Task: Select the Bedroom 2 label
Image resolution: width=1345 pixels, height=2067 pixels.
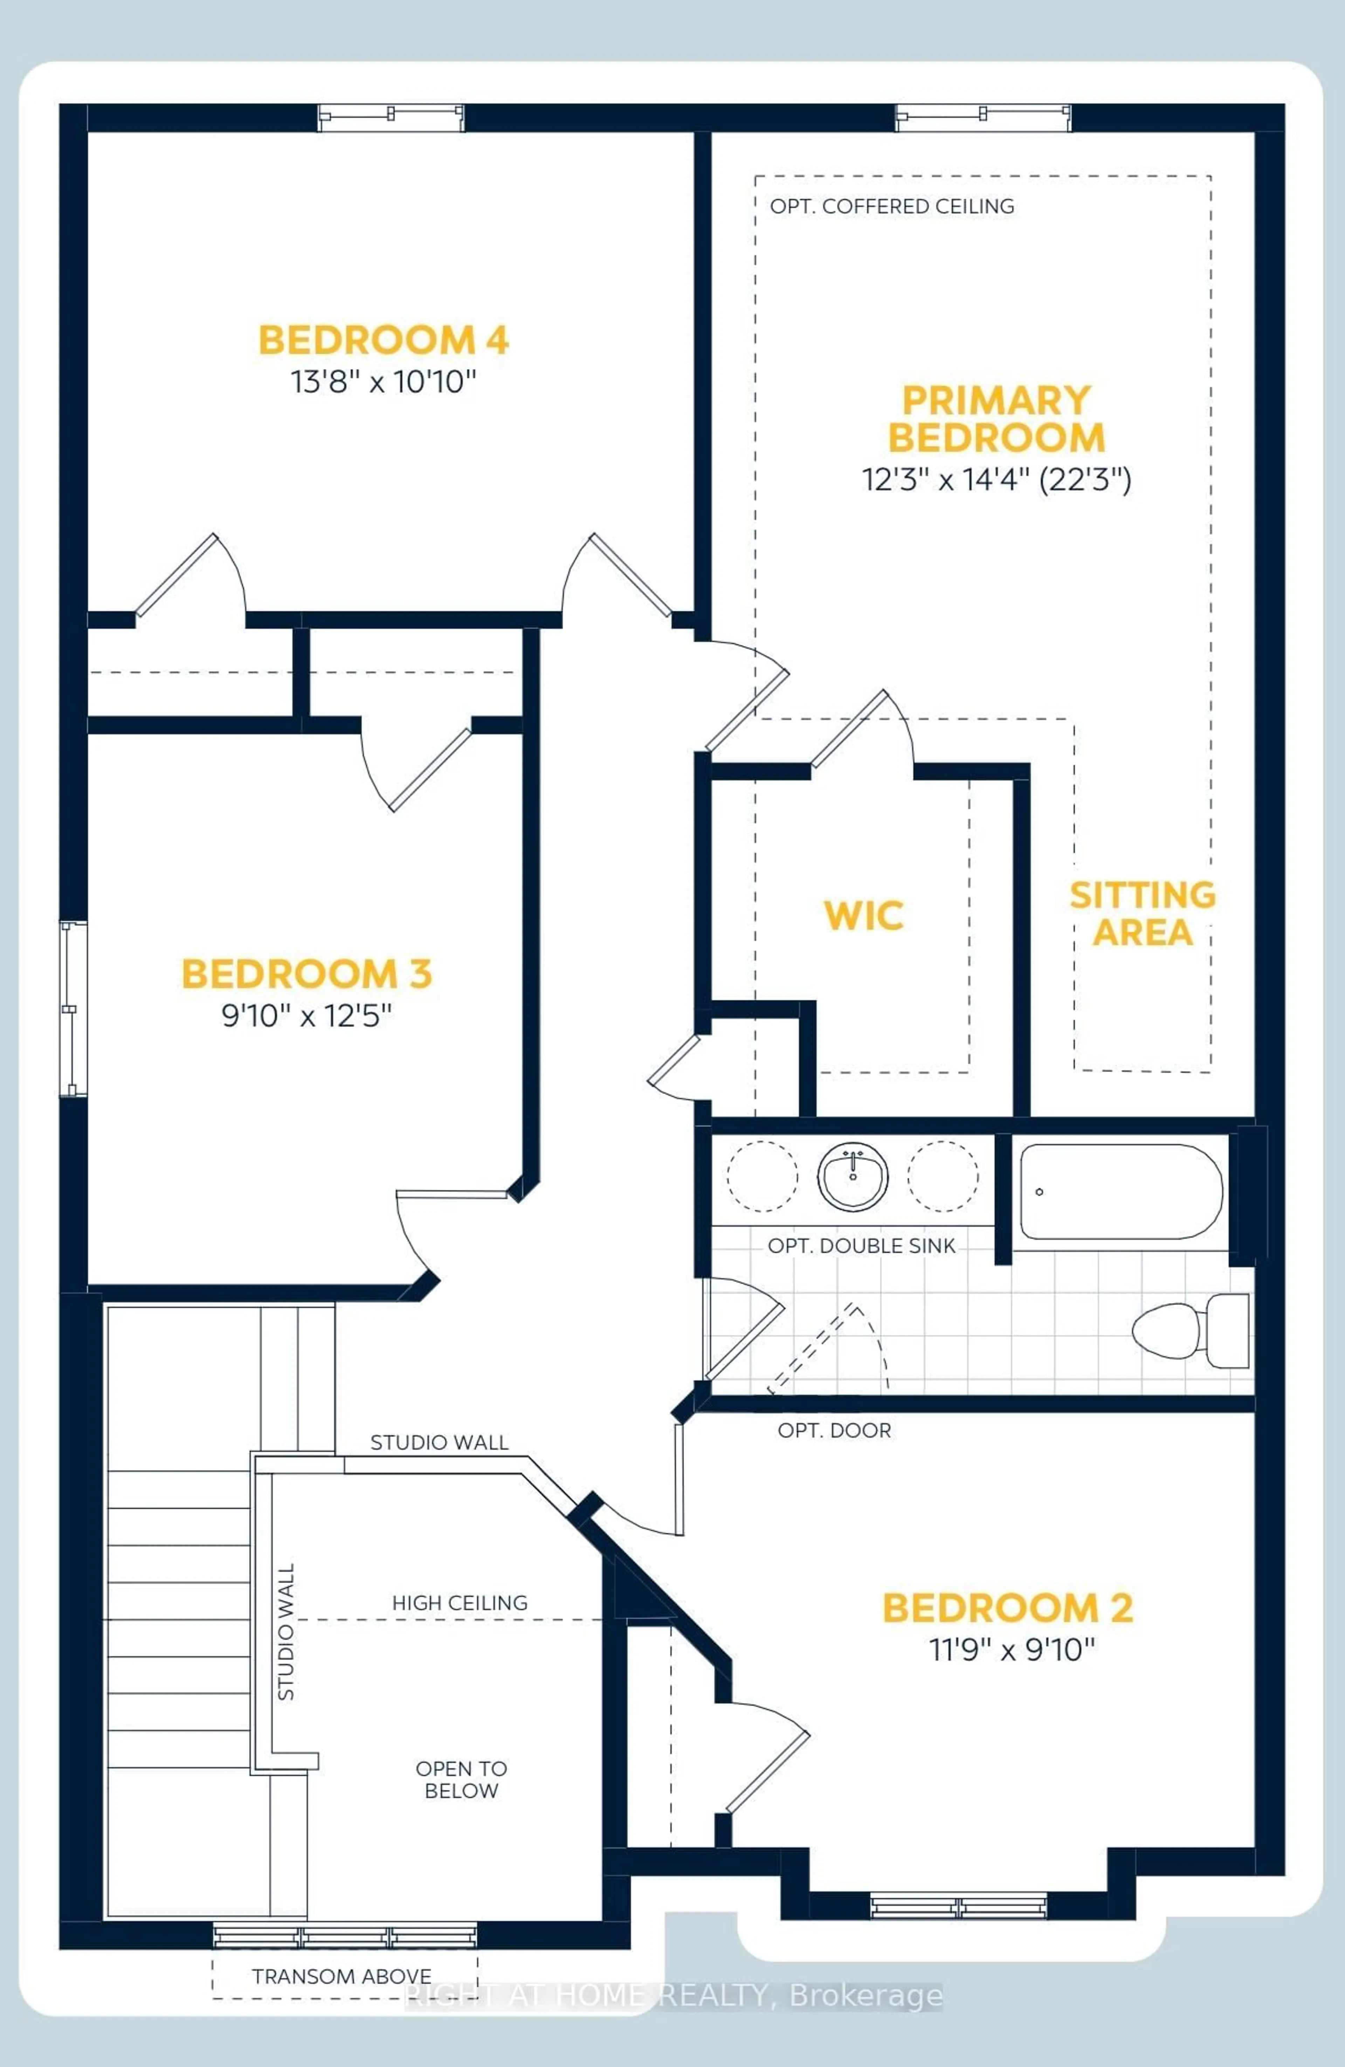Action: pyautogui.click(x=1007, y=1607)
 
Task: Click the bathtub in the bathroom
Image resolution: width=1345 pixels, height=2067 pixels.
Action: pyautogui.click(x=1120, y=1192)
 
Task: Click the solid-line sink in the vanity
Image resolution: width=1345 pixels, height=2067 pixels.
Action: pyautogui.click(x=853, y=1177)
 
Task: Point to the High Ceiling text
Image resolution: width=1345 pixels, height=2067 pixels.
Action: pyautogui.click(x=459, y=1603)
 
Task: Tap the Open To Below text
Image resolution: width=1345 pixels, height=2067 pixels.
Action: pyautogui.click(x=461, y=1779)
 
